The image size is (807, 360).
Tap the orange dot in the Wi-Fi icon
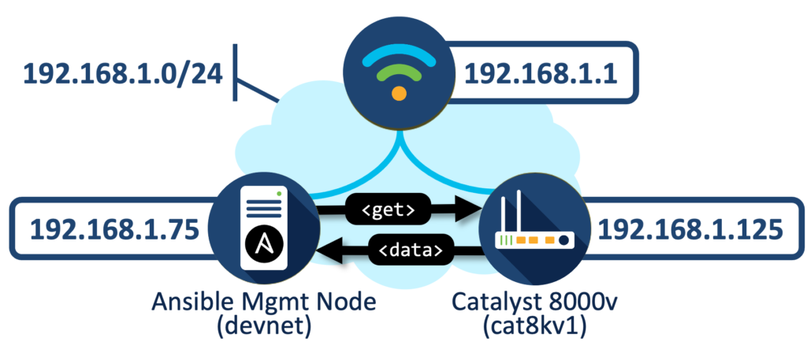coord(400,94)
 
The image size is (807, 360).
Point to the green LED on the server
coord(278,192)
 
